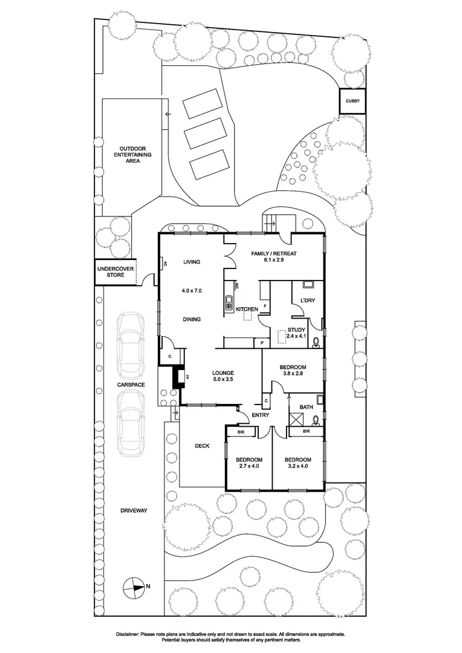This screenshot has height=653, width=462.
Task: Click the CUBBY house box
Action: (x=352, y=102)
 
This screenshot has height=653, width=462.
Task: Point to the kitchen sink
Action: (x=229, y=303)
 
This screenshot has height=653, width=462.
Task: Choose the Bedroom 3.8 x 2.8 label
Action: (x=293, y=371)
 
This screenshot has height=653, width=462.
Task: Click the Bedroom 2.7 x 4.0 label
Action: (x=248, y=463)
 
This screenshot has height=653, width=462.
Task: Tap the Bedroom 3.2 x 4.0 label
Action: (x=298, y=463)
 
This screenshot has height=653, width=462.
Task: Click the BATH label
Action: (x=307, y=406)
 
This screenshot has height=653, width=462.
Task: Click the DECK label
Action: (x=202, y=446)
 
